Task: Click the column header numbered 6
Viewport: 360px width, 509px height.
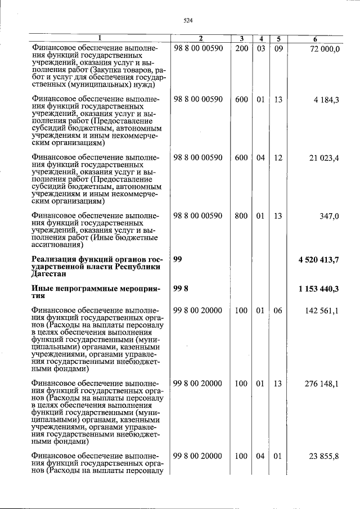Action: tap(316, 39)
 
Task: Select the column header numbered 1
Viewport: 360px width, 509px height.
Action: tap(100, 39)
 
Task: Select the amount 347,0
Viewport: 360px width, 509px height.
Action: tap(329, 216)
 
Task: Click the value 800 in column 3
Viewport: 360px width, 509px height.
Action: tap(241, 216)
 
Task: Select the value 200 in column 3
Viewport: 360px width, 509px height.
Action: tap(241, 49)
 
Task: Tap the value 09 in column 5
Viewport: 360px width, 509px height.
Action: tap(277, 49)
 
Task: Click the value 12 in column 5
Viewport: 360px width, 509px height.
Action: tap(277, 158)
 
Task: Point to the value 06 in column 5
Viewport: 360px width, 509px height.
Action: tap(277, 310)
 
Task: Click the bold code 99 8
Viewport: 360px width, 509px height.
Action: tap(181, 289)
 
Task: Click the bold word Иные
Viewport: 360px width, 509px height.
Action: tap(43, 289)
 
